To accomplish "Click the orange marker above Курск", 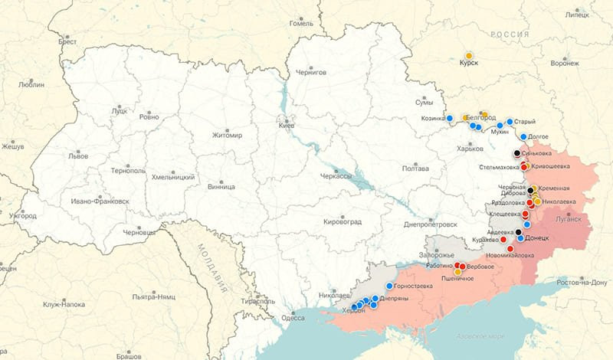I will click(469, 56).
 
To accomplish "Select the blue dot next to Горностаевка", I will click(389, 286).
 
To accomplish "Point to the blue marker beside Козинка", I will click(450, 118).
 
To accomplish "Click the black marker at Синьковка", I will click(517, 154).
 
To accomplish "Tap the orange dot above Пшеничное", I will click(458, 271).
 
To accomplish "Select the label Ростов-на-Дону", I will click(583, 282).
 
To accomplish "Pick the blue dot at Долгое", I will click(523, 137).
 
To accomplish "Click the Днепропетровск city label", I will click(430, 224).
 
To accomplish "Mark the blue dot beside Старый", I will click(510, 122).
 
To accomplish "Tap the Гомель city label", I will click(301, 23).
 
